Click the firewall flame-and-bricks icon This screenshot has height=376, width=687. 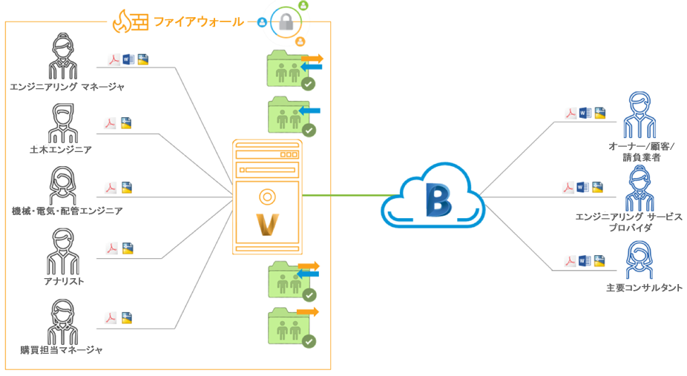coord(130,22)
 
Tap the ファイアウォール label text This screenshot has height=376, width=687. coord(198,22)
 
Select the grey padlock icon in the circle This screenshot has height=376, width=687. coord(286,23)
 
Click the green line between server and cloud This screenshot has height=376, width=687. coord(341,196)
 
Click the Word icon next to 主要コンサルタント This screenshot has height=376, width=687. coord(585,260)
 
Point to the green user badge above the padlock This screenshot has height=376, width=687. coord(303,5)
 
